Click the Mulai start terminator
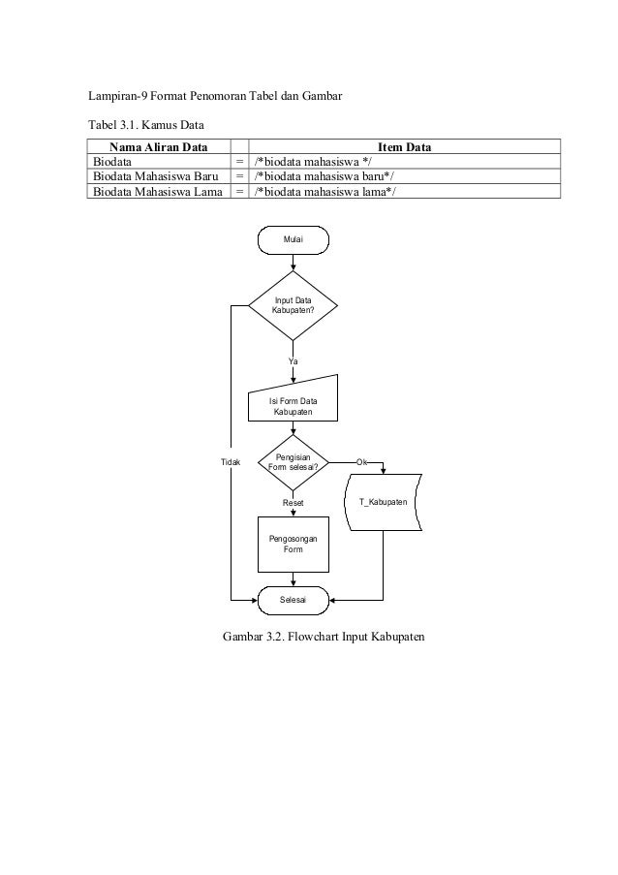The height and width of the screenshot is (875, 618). pos(293,240)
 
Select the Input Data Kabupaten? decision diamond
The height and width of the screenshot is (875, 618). pos(293,306)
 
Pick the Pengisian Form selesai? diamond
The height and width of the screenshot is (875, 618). pos(293,462)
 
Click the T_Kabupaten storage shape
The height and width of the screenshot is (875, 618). pos(384,502)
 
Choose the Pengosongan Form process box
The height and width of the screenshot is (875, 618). pos(293,544)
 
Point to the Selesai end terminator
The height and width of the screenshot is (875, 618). pos(293,601)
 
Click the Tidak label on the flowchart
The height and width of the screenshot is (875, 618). pos(231,462)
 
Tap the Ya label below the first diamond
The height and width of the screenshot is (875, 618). pos(293,361)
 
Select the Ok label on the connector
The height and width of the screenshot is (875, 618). pos(362,462)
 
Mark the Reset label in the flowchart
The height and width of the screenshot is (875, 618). pos(293,503)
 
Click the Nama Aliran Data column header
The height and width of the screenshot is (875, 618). pos(159,147)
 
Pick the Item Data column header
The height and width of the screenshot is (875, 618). pos(404,147)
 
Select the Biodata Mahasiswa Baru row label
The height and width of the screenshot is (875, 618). pos(156,176)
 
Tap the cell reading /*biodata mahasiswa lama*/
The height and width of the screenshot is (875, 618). pos(324,192)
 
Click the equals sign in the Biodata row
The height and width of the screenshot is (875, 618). pos(239,162)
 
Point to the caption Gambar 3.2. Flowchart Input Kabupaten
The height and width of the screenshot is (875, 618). pos(324,637)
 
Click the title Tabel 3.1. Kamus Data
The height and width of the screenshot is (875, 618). pos(146,125)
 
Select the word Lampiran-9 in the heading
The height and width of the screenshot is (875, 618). pos(117,96)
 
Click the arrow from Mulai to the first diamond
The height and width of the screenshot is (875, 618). pos(293,263)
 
